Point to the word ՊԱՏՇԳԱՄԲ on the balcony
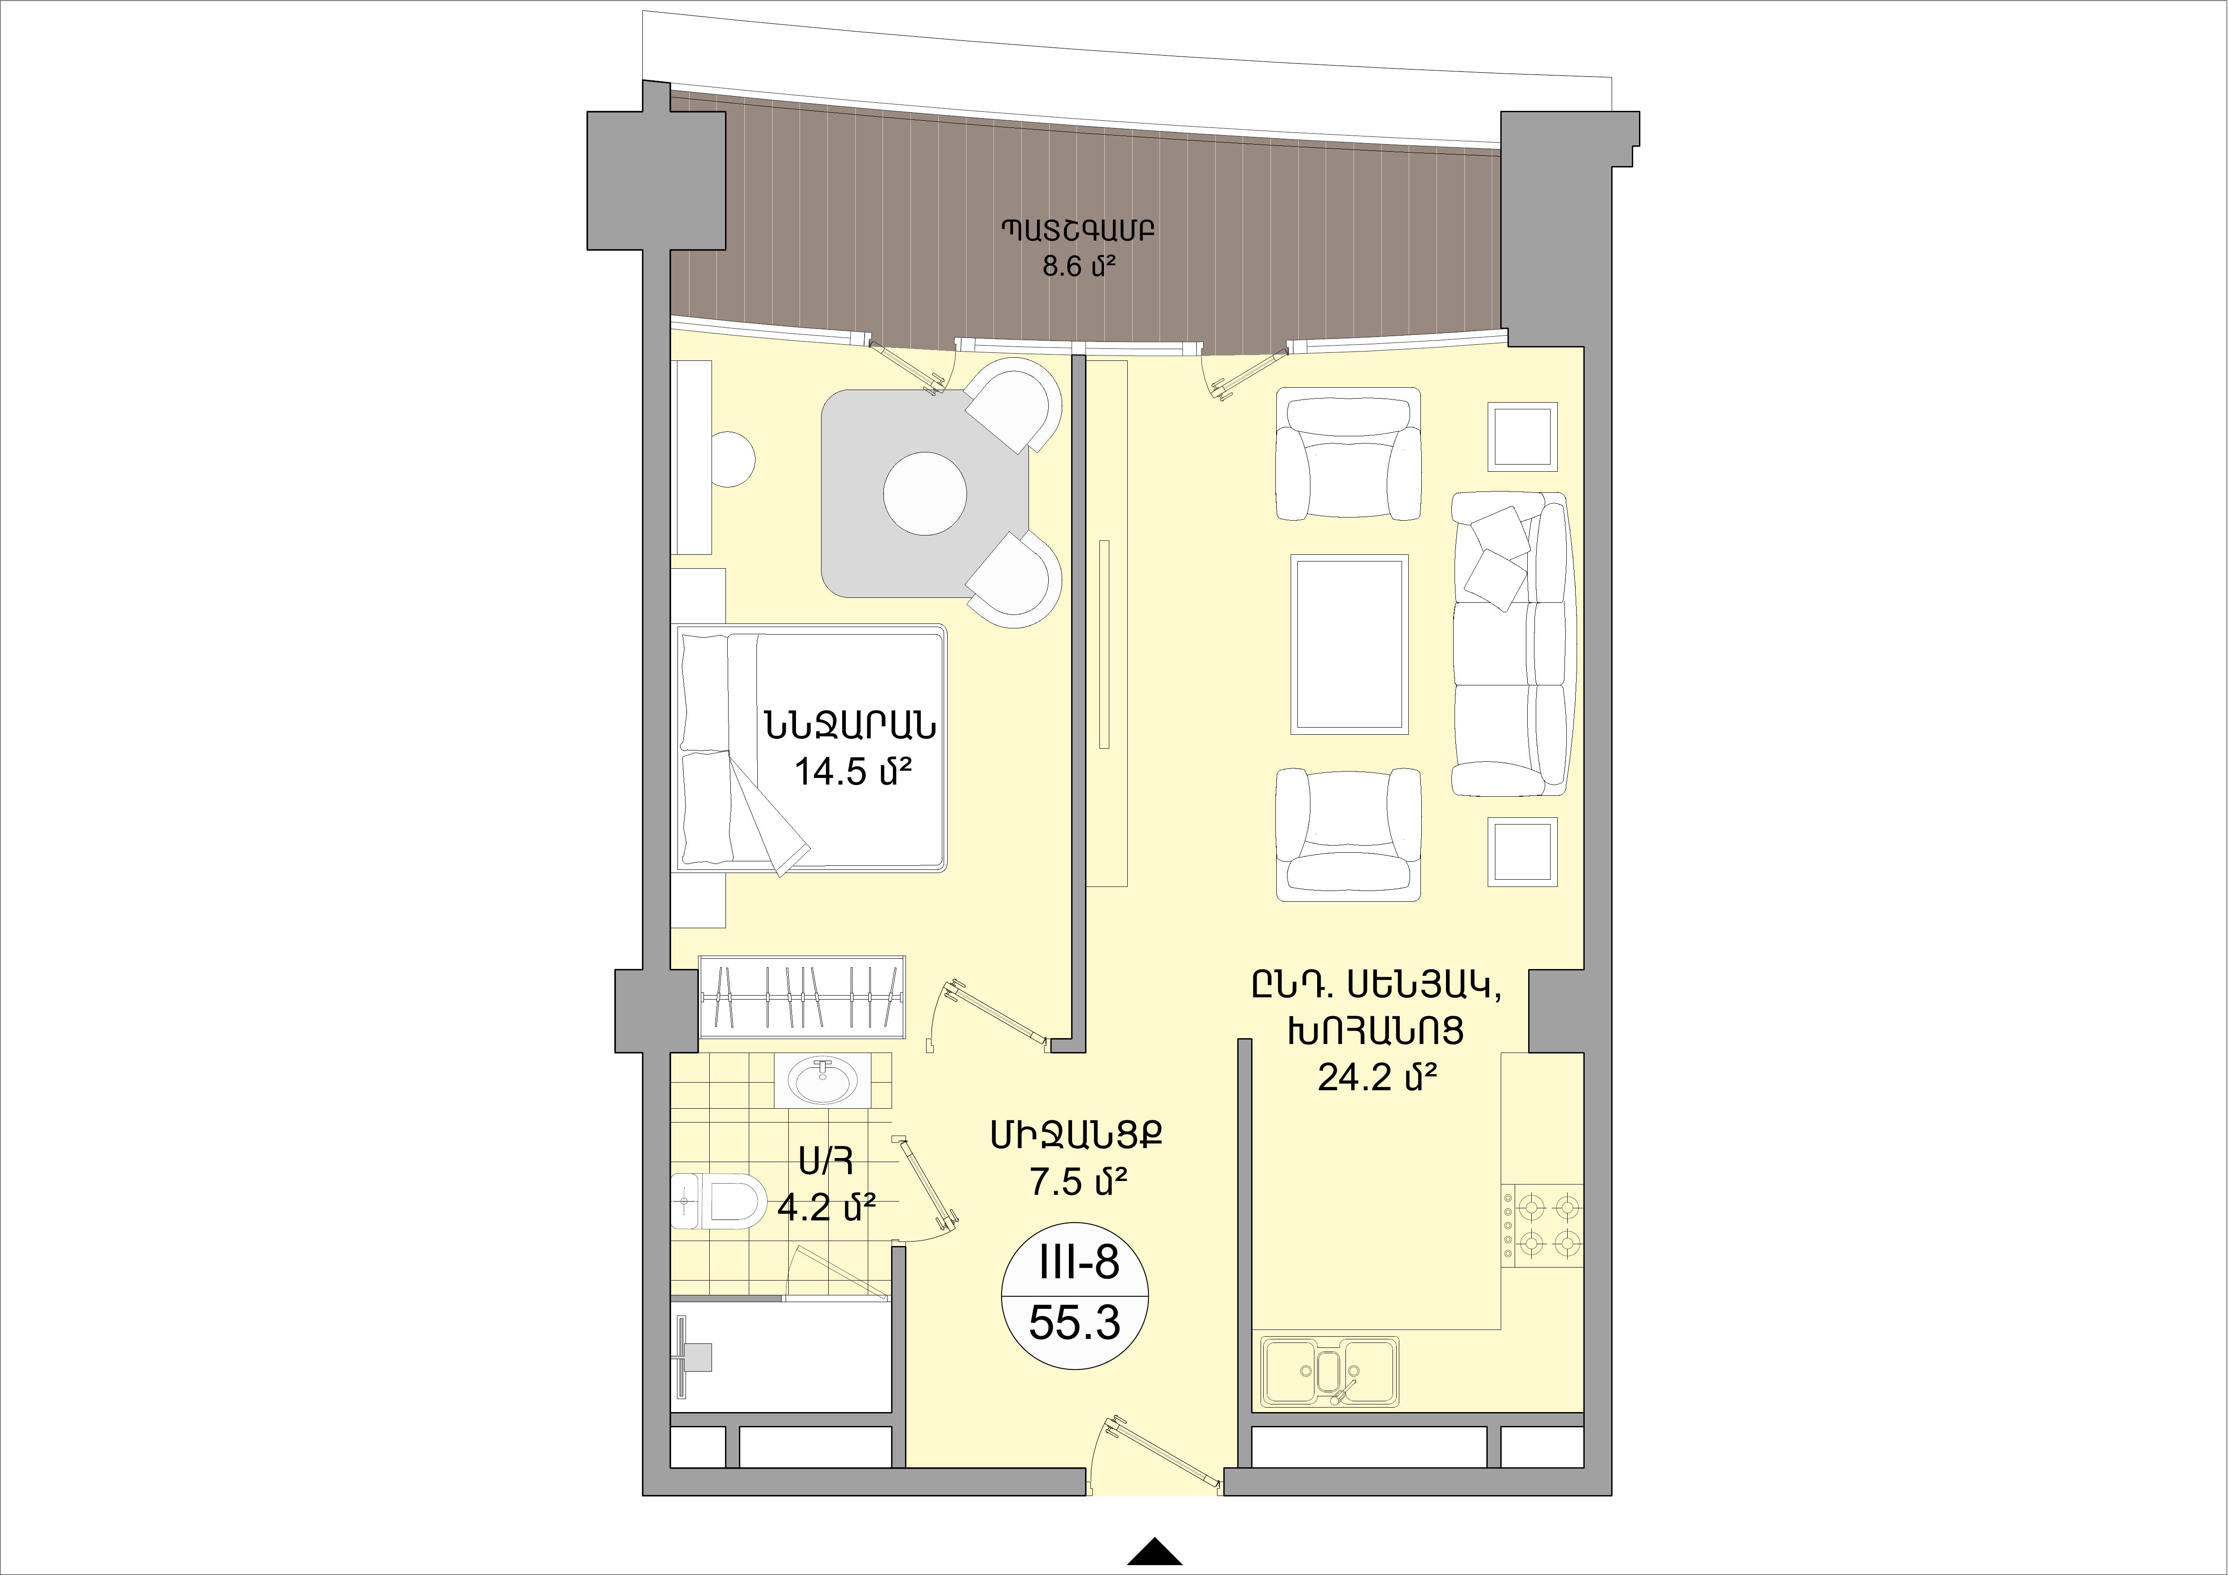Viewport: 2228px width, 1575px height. (1078, 230)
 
